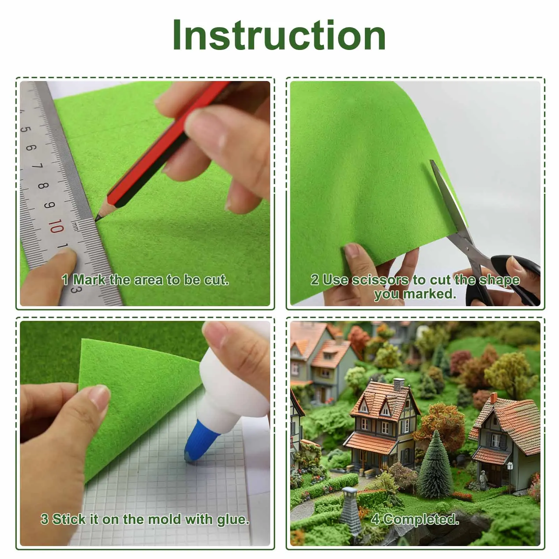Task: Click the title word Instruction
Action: (279, 35)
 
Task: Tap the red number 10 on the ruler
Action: (56, 226)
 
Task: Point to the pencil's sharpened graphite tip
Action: (97, 219)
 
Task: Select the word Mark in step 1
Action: (89, 280)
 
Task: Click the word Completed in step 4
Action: (420, 520)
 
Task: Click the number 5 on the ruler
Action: (25, 129)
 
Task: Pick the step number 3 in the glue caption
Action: (44, 519)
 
